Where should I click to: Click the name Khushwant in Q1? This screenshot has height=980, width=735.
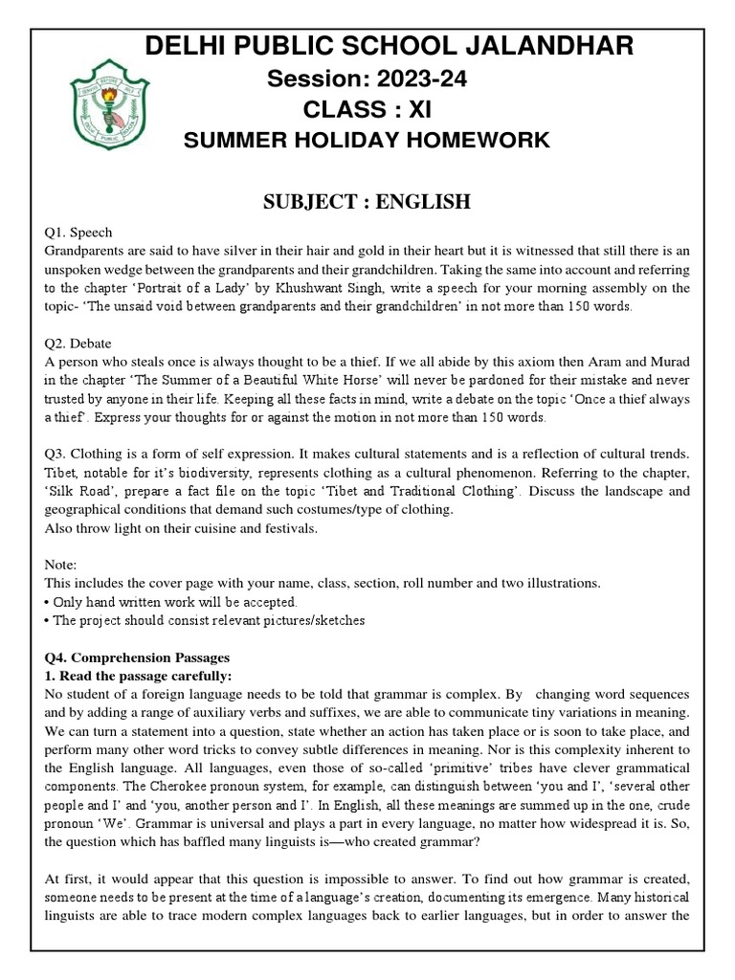408,286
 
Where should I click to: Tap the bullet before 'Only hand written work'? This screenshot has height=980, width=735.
48,602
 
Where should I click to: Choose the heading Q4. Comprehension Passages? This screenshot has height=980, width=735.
137,657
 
